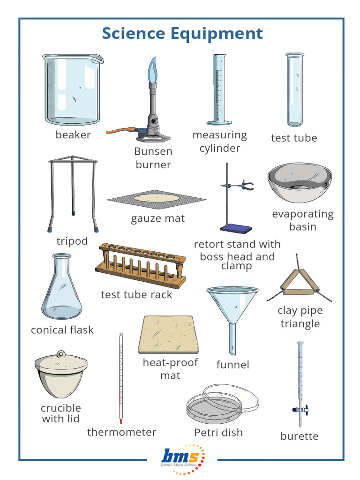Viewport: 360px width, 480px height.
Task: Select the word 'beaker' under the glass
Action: tap(73, 135)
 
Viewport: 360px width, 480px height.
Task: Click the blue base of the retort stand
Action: tap(236, 228)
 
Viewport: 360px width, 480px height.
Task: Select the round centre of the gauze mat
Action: tap(157, 199)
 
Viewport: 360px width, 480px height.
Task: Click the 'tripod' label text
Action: tap(72, 241)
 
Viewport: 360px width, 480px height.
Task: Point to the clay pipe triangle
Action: tap(300, 283)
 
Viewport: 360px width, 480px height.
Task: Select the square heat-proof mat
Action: tap(166, 334)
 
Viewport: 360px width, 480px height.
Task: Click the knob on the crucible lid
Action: tap(60, 354)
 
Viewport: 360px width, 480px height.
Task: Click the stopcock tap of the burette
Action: tap(300, 409)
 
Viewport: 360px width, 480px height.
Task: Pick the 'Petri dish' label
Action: tap(218, 432)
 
